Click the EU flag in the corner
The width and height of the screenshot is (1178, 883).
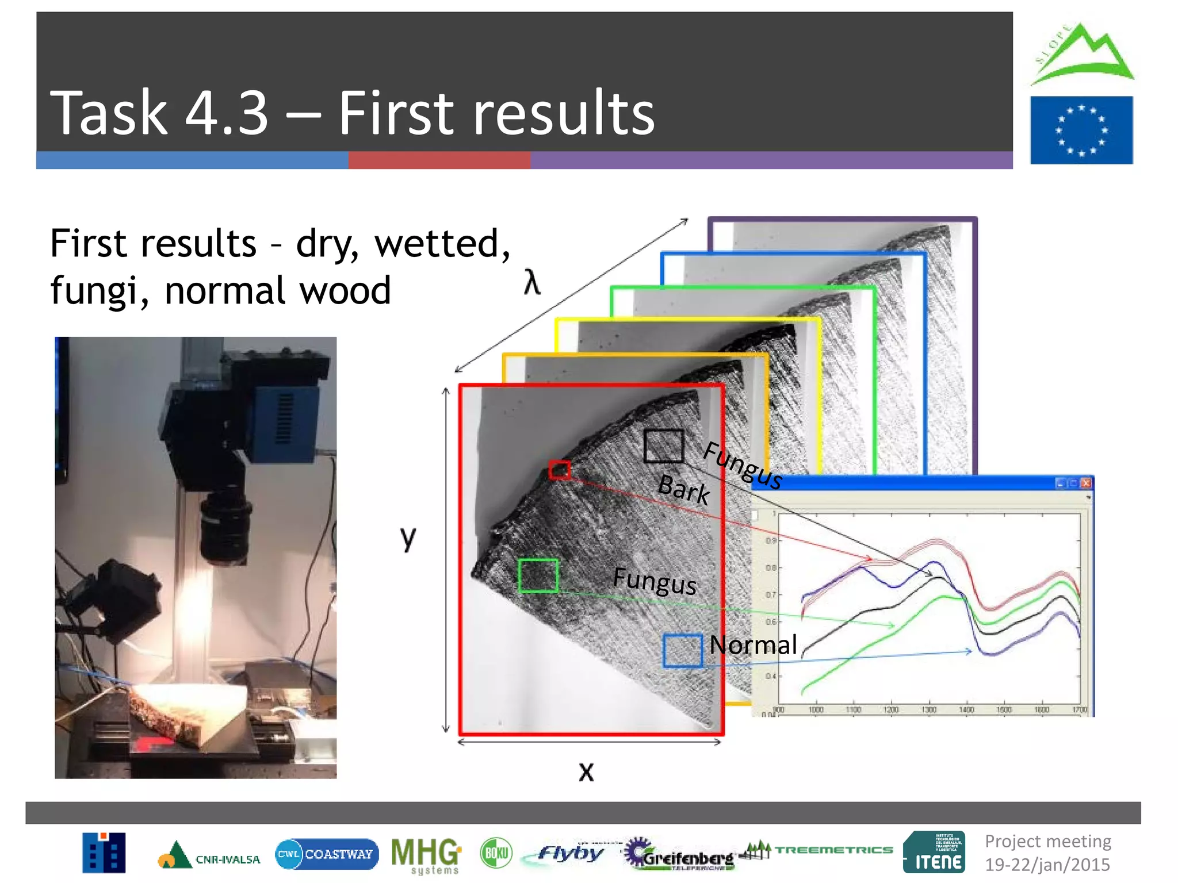click(x=1081, y=130)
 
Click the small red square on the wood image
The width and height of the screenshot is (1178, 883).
click(x=559, y=470)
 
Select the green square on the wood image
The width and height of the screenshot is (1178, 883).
click(x=538, y=575)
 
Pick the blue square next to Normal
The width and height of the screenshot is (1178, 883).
click(x=682, y=651)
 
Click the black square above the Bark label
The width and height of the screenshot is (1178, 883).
click(x=664, y=446)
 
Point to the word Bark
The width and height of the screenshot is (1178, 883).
click(x=683, y=489)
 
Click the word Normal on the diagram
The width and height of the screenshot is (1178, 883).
click(x=753, y=645)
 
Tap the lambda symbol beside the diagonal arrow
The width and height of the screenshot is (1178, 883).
click(x=532, y=283)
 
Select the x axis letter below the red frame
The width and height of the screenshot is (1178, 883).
click(x=586, y=771)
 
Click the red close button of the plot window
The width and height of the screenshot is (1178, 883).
click(x=1085, y=483)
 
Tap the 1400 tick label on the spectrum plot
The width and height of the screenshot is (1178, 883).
click(x=966, y=710)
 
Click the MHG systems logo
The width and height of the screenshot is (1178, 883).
click(x=426, y=855)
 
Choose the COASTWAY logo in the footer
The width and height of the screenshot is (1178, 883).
click(x=327, y=854)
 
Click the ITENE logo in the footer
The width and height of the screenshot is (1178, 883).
click(x=934, y=853)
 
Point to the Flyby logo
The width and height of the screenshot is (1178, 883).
click(x=569, y=853)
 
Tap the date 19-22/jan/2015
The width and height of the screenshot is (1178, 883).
click(x=1047, y=865)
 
